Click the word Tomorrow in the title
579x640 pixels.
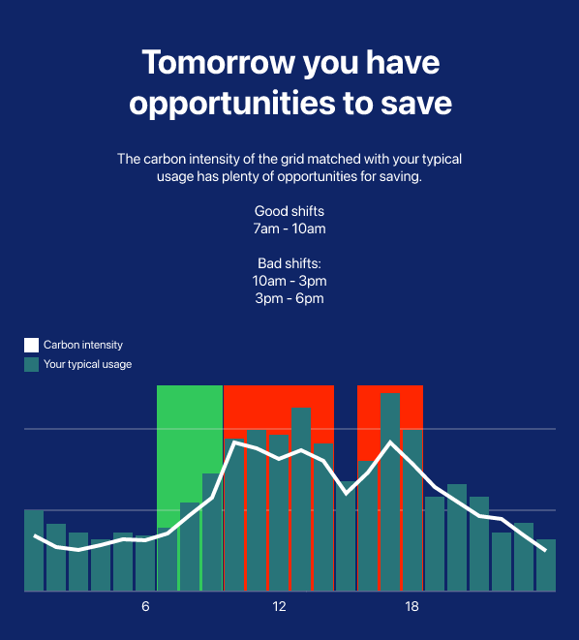218,62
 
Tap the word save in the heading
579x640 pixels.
416,103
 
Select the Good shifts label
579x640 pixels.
289,211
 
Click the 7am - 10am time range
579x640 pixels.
289,229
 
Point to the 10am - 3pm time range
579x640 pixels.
289,281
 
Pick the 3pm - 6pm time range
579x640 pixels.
289,298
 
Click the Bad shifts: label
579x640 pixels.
289,263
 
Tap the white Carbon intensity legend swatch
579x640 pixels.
31,345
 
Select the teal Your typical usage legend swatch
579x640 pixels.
31,364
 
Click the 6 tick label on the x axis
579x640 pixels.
145,606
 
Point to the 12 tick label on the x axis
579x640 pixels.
279,606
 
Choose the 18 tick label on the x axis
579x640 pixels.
412,606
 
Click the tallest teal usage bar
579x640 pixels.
390,492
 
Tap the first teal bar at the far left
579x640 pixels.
34,550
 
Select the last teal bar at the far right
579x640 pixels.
546,565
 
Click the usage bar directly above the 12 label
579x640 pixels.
279,512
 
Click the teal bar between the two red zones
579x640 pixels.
346,536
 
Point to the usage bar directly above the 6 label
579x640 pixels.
145,564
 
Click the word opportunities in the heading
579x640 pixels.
232,104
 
